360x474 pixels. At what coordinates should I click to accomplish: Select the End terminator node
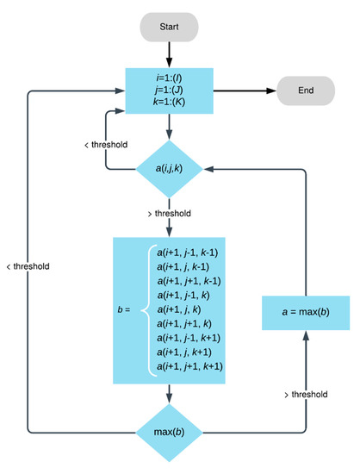tap(306, 89)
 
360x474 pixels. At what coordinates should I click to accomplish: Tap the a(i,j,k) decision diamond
tap(169, 169)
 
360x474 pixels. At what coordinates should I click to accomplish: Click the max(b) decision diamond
tap(169, 430)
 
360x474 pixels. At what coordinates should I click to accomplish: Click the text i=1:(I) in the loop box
tap(169, 75)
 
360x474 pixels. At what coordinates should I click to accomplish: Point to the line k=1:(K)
tap(169, 103)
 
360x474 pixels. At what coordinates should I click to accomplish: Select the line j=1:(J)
tap(169, 89)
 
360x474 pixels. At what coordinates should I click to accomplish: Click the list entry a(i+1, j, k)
tap(186, 309)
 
